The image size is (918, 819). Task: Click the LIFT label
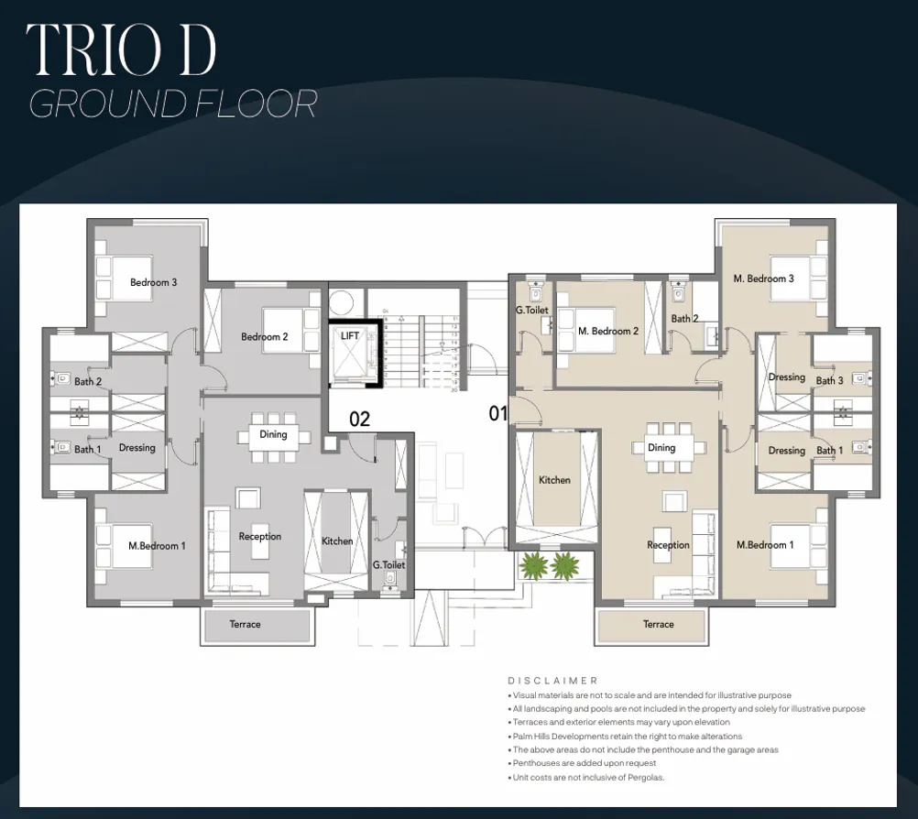[x=350, y=336]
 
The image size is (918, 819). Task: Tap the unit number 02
[x=359, y=420]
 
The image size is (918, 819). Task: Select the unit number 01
[x=497, y=414]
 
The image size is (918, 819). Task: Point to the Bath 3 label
[x=829, y=380]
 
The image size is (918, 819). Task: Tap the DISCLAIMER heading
[x=552, y=681]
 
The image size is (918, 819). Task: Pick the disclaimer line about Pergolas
[x=586, y=778]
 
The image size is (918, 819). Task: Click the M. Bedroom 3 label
[x=763, y=278]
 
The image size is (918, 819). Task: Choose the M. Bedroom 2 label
[x=608, y=331]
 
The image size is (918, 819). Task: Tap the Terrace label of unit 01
[x=658, y=624]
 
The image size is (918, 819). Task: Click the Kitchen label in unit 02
[x=337, y=541]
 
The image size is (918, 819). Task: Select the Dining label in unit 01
[x=661, y=448]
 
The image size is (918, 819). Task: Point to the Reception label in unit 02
[x=260, y=536]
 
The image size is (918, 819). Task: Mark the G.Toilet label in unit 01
[x=531, y=311]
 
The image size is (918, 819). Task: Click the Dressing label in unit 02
[x=137, y=448]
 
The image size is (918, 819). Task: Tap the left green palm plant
[x=532, y=565]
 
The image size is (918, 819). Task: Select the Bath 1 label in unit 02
[x=88, y=449]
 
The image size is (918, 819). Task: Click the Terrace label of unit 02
[x=245, y=624]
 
